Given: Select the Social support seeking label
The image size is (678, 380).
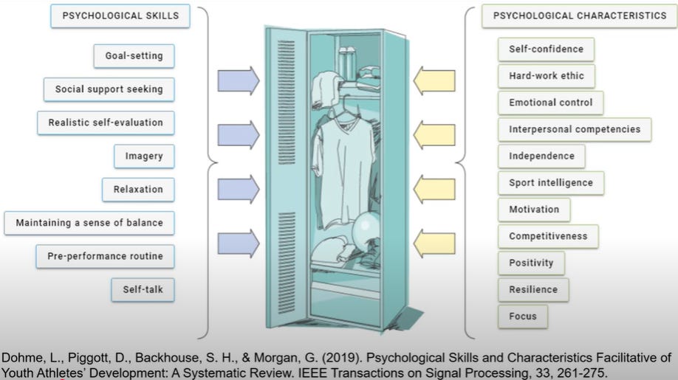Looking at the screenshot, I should point(109,89).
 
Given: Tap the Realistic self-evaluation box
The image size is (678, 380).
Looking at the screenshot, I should point(106,122).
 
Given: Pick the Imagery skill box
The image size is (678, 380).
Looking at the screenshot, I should point(144,156).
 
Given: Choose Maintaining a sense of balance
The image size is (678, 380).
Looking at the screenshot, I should point(89,223).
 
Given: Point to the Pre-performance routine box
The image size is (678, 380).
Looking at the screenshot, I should point(105,256).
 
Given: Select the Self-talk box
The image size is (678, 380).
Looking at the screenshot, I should point(143,289).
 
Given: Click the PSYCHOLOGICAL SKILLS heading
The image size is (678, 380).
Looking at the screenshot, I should point(120,15).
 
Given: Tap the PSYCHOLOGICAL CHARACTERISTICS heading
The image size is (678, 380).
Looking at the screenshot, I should point(579,15).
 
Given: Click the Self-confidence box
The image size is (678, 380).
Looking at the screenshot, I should point(546,49).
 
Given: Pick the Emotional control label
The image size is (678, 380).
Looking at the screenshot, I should point(550,103).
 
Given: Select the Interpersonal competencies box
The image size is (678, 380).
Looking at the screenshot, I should point(574,130).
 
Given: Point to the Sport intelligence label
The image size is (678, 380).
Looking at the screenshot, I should point(550,183).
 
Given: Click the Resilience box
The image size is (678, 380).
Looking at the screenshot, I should point(533,290).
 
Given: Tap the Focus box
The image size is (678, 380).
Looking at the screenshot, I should point(522,317).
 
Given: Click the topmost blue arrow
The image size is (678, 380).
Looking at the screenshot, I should point(239,80).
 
